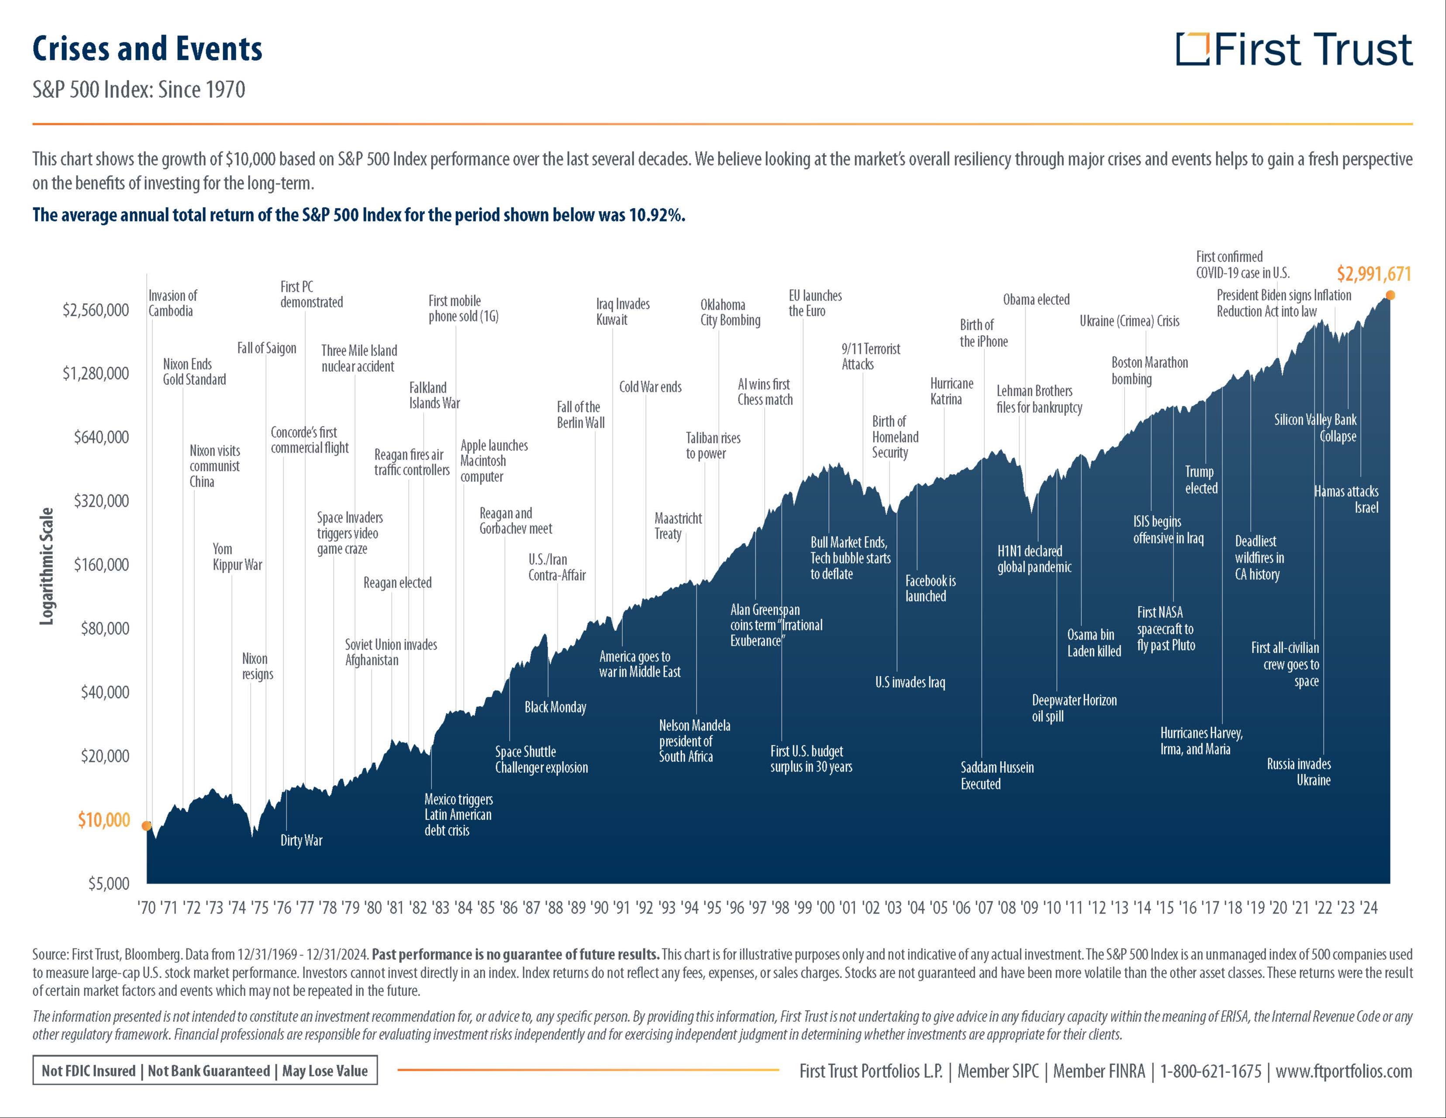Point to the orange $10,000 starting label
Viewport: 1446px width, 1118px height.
pyautogui.click(x=104, y=820)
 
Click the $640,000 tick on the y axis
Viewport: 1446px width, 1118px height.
pyautogui.click(x=101, y=437)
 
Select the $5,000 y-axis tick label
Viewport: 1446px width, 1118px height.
pyautogui.click(x=109, y=883)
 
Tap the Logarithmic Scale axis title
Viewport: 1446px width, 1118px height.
pyautogui.click(x=46, y=566)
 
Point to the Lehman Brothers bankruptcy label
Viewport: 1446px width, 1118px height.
pyautogui.click(x=1039, y=399)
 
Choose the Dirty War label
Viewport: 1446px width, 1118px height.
pyautogui.click(x=301, y=841)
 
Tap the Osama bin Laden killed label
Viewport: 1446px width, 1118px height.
pyautogui.click(x=1094, y=643)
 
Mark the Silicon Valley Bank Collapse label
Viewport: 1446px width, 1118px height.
pyautogui.click(x=1315, y=428)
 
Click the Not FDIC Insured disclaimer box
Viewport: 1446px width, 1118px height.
pyautogui.click(x=204, y=1071)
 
